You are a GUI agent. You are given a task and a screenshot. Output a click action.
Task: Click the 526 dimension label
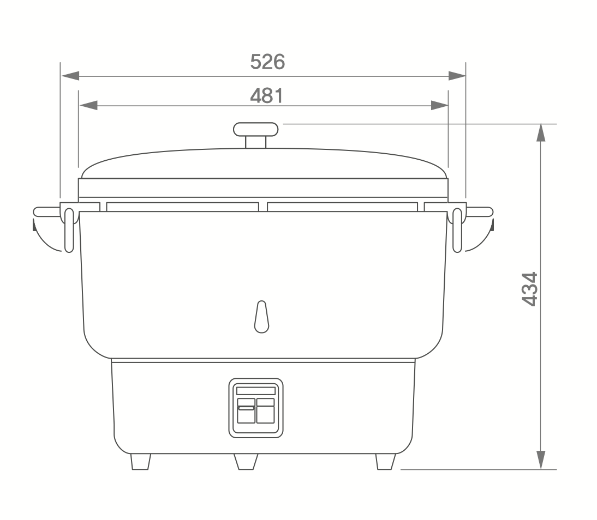[x=267, y=62]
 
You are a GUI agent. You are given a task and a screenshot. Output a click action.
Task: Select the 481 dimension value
[x=266, y=95]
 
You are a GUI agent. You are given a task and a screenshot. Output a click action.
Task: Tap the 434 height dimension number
[x=530, y=289]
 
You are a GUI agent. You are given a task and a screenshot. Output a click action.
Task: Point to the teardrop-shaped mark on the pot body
[x=261, y=317]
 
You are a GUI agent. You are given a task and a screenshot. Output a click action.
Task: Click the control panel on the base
[x=256, y=408]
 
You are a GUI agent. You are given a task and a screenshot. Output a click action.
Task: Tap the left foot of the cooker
[x=140, y=462]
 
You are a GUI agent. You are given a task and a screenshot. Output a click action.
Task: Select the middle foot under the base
[x=246, y=462]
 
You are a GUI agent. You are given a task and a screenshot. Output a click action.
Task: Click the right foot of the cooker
[x=386, y=462]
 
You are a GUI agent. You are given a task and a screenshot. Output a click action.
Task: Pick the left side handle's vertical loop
[x=69, y=230]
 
